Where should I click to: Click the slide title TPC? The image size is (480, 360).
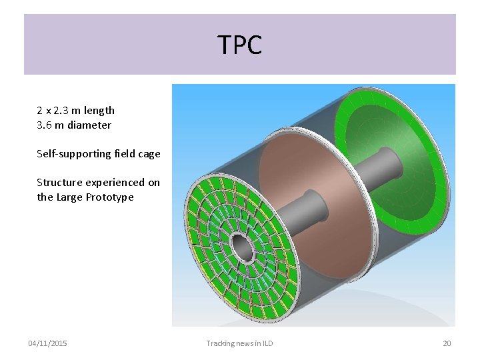[x=240, y=45]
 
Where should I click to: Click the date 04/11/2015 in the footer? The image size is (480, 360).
[x=47, y=343]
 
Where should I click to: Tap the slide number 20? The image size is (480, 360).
[x=447, y=343]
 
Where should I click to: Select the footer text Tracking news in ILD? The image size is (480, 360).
[x=239, y=343]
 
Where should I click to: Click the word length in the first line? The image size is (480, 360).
[x=99, y=111]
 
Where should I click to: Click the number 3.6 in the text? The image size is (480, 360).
[x=45, y=125]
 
